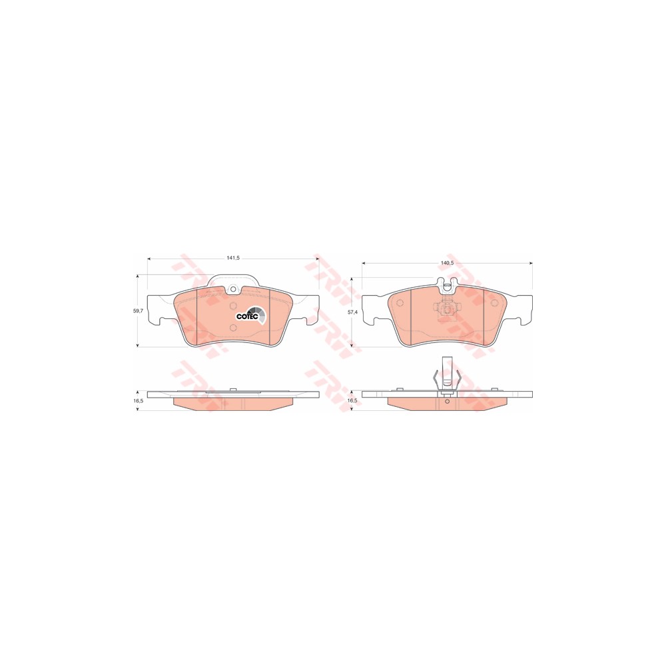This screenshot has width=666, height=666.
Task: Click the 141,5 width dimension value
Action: [x=233, y=258]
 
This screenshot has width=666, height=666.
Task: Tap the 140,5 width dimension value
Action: [x=448, y=263]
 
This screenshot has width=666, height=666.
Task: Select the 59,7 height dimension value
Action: [x=139, y=311]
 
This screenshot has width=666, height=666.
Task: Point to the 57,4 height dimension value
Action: [x=354, y=312]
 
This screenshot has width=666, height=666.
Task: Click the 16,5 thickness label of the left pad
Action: [x=139, y=400]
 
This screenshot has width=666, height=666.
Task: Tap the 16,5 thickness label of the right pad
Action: [x=353, y=400]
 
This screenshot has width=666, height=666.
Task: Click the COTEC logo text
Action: [x=247, y=316]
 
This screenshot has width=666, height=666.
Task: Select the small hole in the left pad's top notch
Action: [x=232, y=290]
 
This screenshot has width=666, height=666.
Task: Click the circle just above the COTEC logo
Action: [x=232, y=306]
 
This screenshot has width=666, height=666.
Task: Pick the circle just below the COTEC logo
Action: [x=232, y=327]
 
